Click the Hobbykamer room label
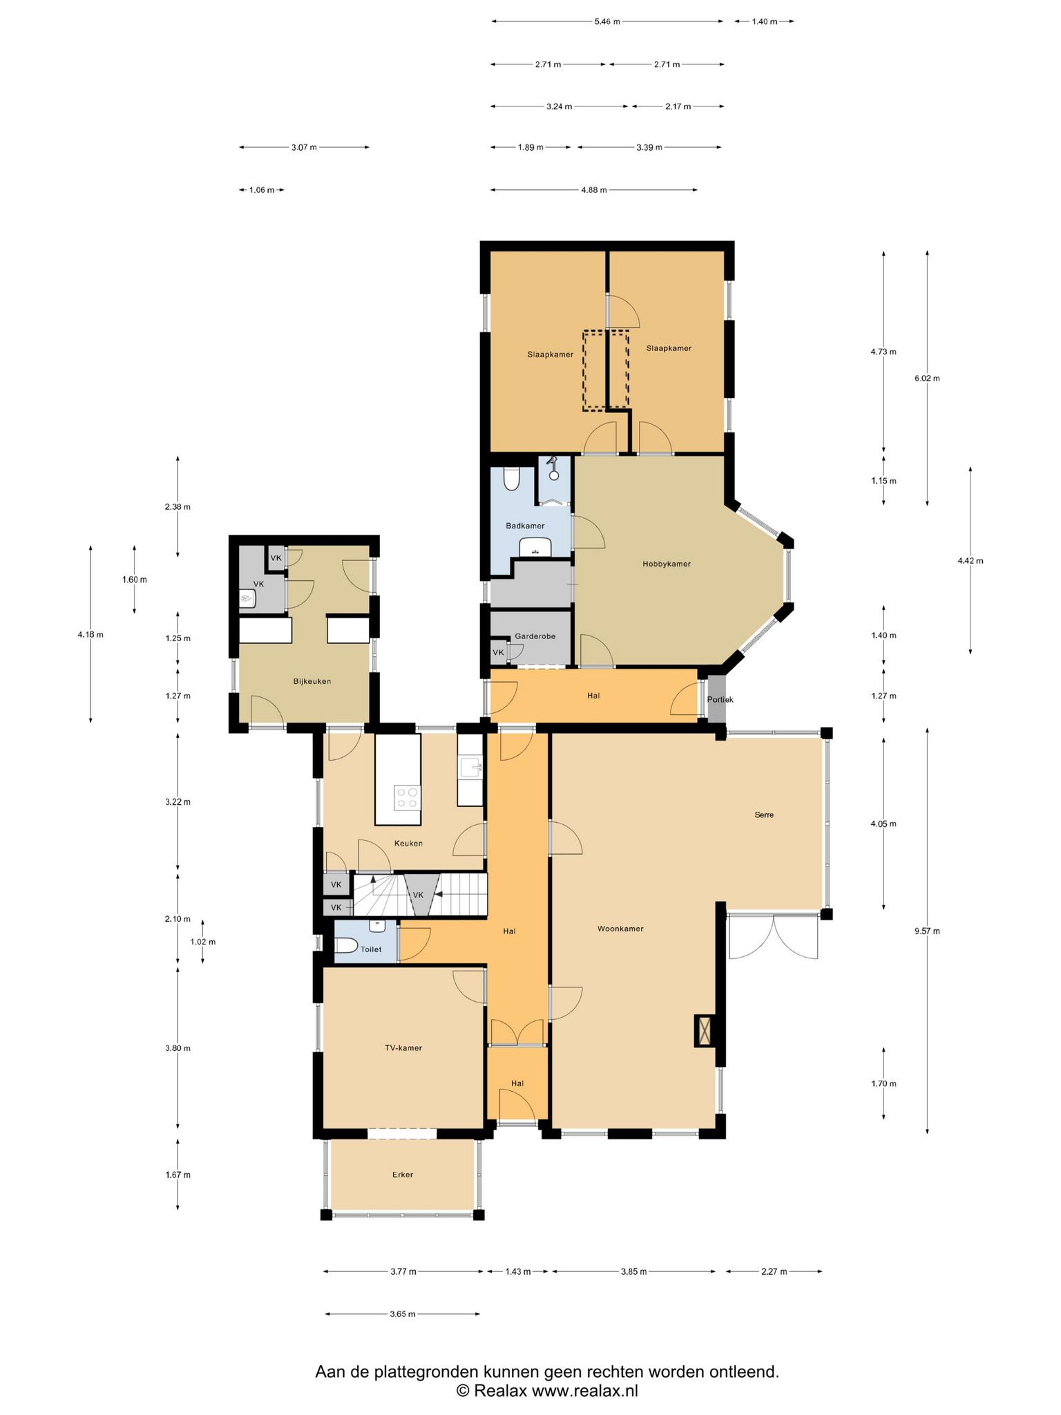pyautogui.click(x=666, y=564)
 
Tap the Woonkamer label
pyautogui.click(x=620, y=929)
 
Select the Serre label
pyautogui.click(x=764, y=815)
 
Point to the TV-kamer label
pyautogui.click(x=403, y=1047)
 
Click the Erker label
pyautogui.click(x=402, y=1175)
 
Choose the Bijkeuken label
pyautogui.click(x=312, y=681)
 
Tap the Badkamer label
pyautogui.click(x=525, y=526)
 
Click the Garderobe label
pyautogui.click(x=535, y=636)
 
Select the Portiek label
pyautogui.click(x=720, y=699)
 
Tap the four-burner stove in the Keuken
pyautogui.click(x=407, y=797)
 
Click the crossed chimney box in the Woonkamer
pyautogui.click(x=705, y=1032)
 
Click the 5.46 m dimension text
pyautogui.click(x=607, y=21)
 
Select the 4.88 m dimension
pyautogui.click(x=594, y=190)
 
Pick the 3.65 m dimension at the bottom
pyautogui.click(x=402, y=1314)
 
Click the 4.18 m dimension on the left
pyautogui.click(x=90, y=635)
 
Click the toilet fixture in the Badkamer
pyautogui.click(x=512, y=479)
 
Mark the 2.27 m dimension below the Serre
pyautogui.click(x=774, y=1271)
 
